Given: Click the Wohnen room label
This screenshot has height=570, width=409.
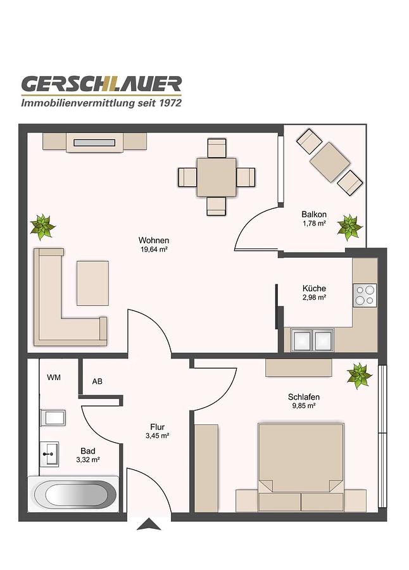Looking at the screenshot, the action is pyautogui.click(x=154, y=240).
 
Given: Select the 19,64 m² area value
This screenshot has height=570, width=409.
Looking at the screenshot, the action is pyautogui.click(x=154, y=250).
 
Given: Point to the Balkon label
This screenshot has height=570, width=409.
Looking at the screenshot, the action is pyautogui.click(x=314, y=215).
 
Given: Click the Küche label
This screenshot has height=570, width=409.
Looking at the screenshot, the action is pyautogui.click(x=314, y=288).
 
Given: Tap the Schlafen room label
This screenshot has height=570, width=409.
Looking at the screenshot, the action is pyautogui.click(x=304, y=397).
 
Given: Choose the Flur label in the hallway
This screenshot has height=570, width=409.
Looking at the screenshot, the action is pyautogui.click(x=158, y=427).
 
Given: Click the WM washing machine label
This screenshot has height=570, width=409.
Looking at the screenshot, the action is pyautogui.click(x=54, y=377).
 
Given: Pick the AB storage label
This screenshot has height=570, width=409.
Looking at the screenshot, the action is pyautogui.click(x=97, y=381).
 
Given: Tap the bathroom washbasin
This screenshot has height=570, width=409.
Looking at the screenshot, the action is pyautogui.click(x=49, y=453).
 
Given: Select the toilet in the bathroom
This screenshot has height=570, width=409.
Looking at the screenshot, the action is pyautogui.click(x=53, y=418).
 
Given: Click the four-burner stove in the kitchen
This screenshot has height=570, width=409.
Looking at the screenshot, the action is pyautogui.click(x=365, y=295).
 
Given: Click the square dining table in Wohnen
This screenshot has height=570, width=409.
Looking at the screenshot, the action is pyautogui.click(x=217, y=177).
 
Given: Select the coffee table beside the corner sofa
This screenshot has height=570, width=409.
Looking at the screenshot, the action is pyautogui.click(x=92, y=283).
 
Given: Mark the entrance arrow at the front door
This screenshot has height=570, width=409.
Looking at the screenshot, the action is pyautogui.click(x=149, y=524).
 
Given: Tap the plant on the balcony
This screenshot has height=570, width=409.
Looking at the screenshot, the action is pyautogui.click(x=349, y=227).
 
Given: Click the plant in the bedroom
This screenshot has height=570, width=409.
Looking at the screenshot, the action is pyautogui.click(x=359, y=376).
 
